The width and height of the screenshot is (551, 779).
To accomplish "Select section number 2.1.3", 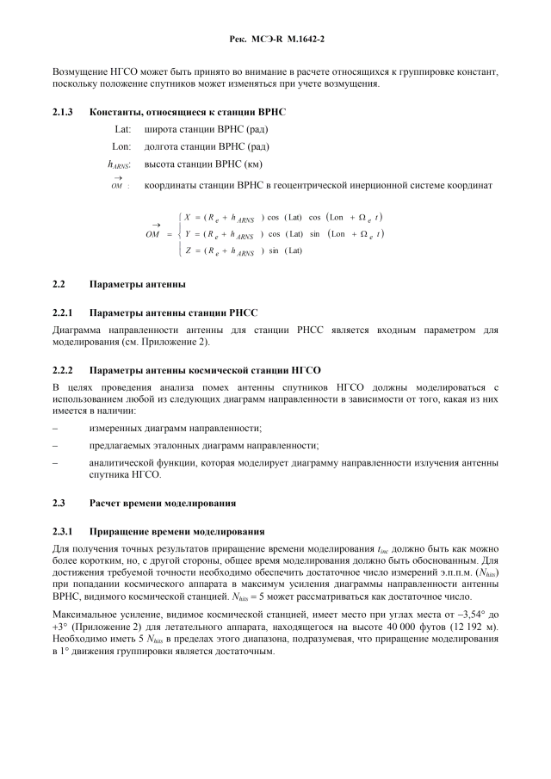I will coord(65,112).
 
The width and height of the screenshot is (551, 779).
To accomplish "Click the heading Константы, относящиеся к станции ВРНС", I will coord(188,112).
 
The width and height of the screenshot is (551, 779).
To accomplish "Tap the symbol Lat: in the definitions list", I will coord(121,129).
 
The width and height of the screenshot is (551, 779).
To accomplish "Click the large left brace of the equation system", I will coord(176,233).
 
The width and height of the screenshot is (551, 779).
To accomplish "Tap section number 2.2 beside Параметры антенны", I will coord(59,284).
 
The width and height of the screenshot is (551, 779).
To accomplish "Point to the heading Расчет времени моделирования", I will coord(164,502).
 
